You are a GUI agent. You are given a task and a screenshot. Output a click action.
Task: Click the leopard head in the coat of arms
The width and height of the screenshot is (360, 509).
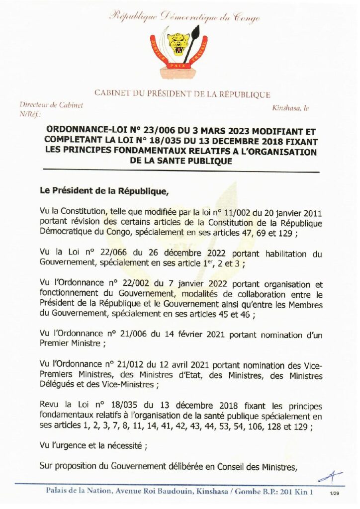(179, 44)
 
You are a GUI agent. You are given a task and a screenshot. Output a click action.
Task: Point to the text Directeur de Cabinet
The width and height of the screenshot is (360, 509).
(51, 105)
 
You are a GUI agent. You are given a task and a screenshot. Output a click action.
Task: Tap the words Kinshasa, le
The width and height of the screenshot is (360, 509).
(290, 108)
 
